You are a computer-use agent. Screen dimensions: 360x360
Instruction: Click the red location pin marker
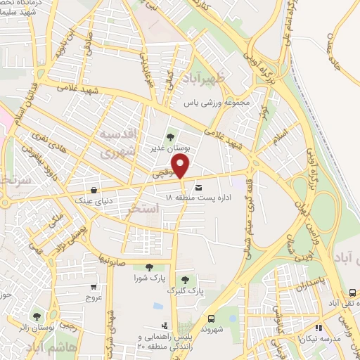181,166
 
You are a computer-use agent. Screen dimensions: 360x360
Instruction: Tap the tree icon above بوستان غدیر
169,137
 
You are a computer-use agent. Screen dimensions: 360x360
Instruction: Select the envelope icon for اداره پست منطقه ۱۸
199,188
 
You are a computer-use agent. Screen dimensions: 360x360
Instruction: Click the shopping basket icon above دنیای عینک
94,190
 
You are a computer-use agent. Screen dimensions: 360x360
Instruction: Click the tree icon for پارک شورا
148,266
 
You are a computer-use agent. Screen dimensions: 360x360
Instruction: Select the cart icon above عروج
94,287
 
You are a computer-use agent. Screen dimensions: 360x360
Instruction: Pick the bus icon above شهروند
210,317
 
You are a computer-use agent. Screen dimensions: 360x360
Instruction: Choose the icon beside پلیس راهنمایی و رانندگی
164,326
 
